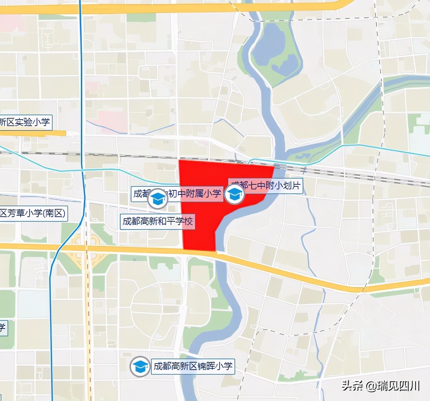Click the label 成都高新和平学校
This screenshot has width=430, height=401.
[157, 221]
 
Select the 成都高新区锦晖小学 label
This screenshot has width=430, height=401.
[193, 366]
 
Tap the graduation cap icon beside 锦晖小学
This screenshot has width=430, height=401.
[140, 366]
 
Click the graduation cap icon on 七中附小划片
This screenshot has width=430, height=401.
[235, 194]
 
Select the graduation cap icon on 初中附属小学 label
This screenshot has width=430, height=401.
[157, 198]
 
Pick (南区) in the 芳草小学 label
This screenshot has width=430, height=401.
[54, 213]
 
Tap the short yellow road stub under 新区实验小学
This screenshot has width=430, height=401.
[34, 133]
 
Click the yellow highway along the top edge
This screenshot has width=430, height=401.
[168, 9]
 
